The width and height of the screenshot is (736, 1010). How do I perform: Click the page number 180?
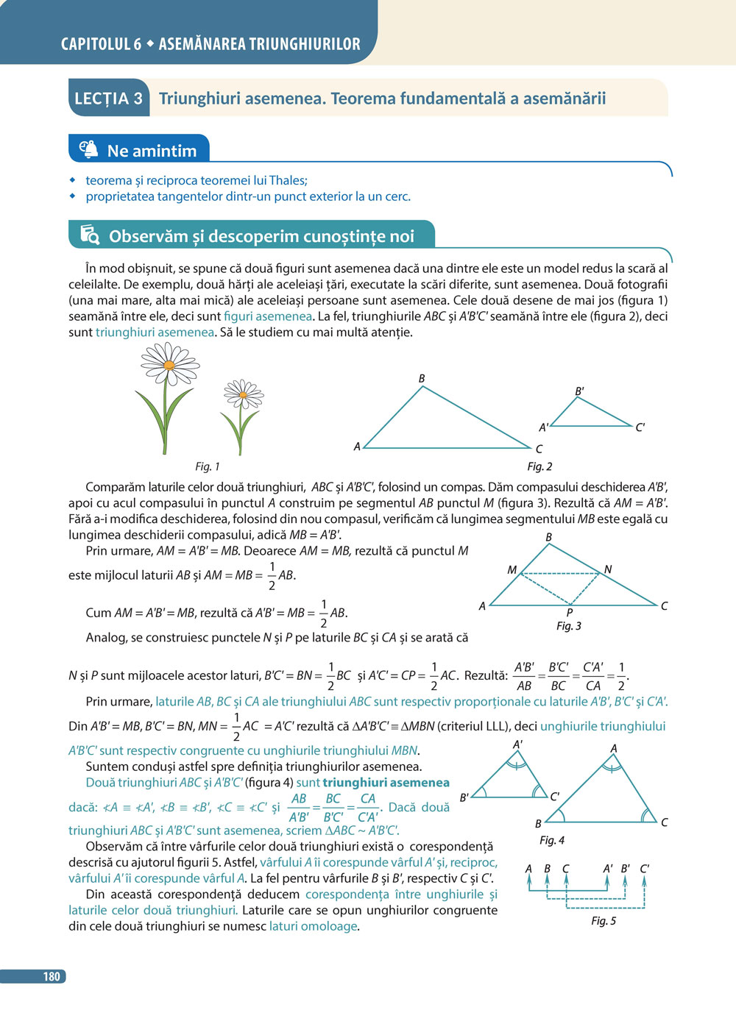pos(51,976)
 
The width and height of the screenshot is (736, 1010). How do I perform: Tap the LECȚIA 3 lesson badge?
pos(109,99)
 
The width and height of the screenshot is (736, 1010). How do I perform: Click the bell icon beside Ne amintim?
pos(88,149)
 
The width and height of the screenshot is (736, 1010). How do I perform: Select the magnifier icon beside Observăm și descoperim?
pos(90,235)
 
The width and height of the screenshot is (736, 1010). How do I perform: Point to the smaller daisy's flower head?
pos(243,396)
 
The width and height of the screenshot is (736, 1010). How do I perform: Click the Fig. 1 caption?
pos(208,466)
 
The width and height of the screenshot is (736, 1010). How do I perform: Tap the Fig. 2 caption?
pos(539,466)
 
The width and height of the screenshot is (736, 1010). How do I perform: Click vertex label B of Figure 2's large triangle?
pos(422,378)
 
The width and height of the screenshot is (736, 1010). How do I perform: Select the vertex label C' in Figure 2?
pos(640,427)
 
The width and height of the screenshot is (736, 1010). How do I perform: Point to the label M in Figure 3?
pos(512,569)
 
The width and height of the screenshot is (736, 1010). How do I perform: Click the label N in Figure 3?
pos(608,569)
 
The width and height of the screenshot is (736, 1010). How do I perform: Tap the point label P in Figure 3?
pos(570,612)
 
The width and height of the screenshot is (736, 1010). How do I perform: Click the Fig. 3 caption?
pos(569,626)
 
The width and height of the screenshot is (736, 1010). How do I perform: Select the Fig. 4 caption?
pos(552,840)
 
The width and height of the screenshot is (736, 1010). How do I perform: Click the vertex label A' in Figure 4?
pos(518,744)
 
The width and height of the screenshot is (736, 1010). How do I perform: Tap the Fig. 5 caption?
pos(604,921)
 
